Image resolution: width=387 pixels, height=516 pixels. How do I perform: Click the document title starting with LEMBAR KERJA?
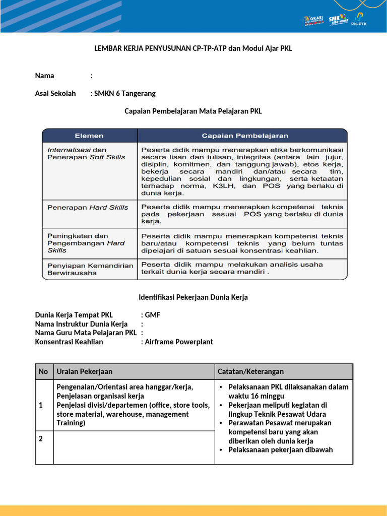coord(193,48)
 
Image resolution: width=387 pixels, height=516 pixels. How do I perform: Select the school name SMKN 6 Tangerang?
coord(125,93)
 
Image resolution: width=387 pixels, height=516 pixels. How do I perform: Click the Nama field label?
coord(44,76)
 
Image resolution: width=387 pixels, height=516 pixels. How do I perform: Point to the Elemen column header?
coord(89,136)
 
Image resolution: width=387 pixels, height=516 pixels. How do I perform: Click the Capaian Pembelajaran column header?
coord(245,136)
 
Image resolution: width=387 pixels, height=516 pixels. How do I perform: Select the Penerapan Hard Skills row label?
coord(88,207)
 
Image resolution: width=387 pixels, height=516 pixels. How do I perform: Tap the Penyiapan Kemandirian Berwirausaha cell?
coord(90,269)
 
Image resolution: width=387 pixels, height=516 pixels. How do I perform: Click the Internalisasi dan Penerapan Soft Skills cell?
coord(86,153)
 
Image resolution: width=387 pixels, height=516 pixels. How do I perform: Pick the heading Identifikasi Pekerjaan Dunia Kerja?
coord(193,297)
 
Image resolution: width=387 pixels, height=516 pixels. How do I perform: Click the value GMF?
coord(153,315)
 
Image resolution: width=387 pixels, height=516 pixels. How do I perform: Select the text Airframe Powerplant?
coord(179,342)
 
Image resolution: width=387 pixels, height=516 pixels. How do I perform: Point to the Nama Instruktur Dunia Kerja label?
coord(81,324)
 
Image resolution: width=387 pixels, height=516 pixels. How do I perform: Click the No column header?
coord(43,371)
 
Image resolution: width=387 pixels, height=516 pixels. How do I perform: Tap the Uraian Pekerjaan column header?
coord(85,371)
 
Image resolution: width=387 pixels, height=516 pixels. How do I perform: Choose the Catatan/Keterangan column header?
coord(250,371)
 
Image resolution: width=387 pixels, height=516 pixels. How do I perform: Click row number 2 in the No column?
coord(41,438)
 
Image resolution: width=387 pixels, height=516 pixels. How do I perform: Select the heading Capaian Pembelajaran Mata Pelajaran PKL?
coord(193,111)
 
